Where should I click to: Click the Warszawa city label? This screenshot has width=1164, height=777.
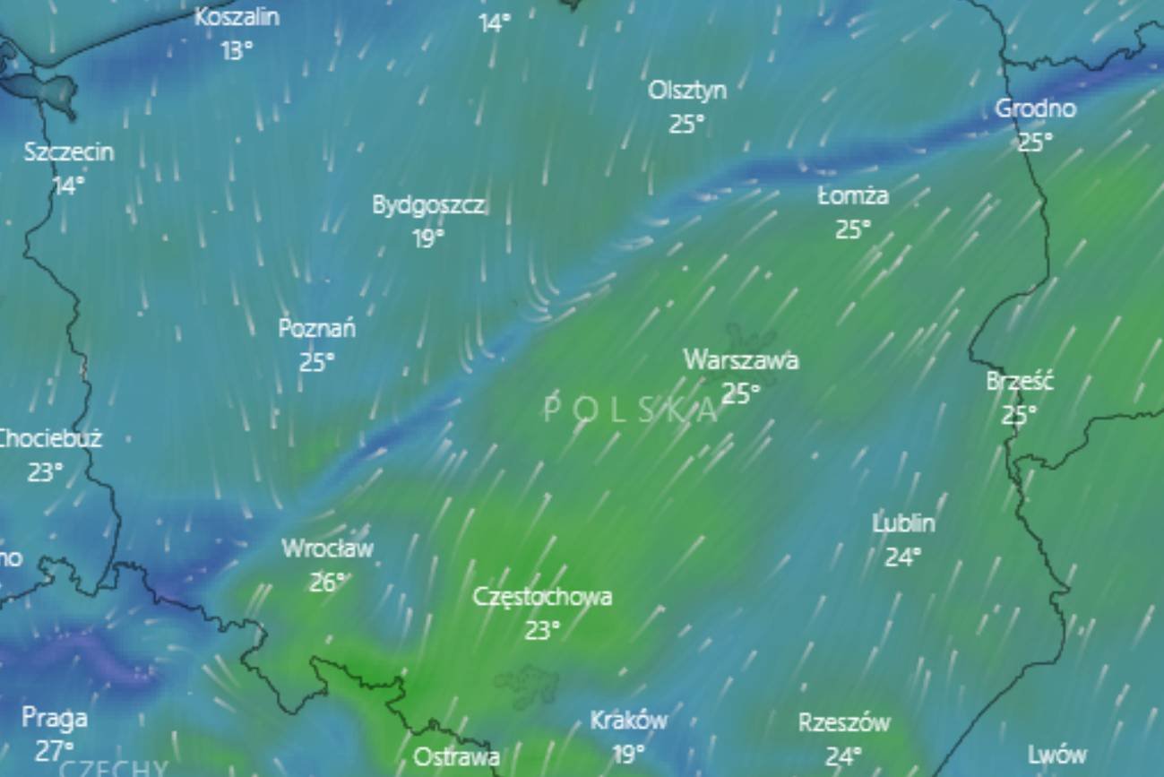[x=740, y=360]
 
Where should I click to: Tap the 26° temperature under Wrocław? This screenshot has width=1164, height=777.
[x=326, y=583]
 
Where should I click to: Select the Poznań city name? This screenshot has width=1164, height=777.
[x=316, y=329]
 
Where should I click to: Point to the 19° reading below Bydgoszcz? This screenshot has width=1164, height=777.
[x=427, y=238]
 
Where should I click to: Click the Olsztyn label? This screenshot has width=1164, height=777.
[x=686, y=91]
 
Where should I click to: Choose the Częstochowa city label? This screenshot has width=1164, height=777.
[x=542, y=597]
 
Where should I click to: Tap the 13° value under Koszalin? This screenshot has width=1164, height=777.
[x=236, y=50]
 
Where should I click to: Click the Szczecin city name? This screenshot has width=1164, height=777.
[x=69, y=152]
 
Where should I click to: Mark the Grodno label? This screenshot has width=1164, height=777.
[x=1035, y=108]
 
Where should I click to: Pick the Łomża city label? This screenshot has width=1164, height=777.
[x=852, y=195]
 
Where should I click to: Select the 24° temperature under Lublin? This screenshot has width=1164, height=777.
[x=902, y=557]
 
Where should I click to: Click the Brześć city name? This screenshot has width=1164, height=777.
[x=1019, y=381]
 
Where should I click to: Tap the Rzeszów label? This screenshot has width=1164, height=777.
[x=844, y=722]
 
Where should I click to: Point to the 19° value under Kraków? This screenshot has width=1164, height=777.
[x=628, y=754]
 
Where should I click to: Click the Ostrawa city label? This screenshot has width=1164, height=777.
[x=456, y=757]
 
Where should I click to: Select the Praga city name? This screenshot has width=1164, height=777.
[x=55, y=718]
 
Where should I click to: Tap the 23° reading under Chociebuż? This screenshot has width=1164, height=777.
[x=45, y=472]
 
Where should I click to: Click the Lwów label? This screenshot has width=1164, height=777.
[x=1056, y=755]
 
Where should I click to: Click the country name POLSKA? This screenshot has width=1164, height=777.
[x=631, y=410]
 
